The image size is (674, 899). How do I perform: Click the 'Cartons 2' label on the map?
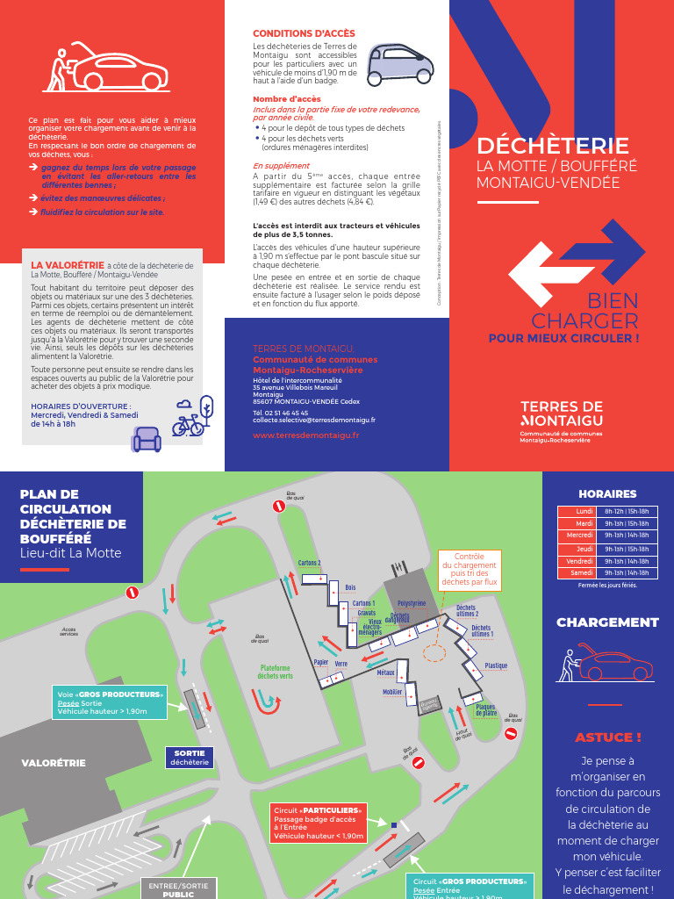pyautogui.click(x=309, y=563)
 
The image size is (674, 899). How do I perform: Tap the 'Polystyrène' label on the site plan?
pyautogui.click(x=412, y=603)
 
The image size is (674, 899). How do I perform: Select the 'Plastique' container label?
pyautogui.click(x=496, y=665)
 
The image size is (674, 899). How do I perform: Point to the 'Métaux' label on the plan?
pyautogui.click(x=386, y=672)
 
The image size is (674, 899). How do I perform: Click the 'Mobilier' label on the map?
pyautogui.click(x=392, y=692)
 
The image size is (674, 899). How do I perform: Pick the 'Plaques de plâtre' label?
pyautogui.click(x=486, y=709)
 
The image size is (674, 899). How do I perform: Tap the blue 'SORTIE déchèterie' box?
pyautogui.click(x=190, y=758)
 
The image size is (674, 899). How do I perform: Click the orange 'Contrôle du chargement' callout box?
pyautogui.click(x=470, y=570)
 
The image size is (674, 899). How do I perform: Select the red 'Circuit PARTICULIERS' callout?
pyautogui.click(x=318, y=823)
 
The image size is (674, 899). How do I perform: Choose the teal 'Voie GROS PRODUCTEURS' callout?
pyautogui.click(x=110, y=702)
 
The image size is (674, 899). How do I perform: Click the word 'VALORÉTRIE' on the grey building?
pyautogui.click(x=54, y=763)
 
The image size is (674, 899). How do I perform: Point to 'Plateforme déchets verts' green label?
pyautogui.click(x=275, y=672)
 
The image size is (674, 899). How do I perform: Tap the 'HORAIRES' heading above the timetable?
pyautogui.click(x=607, y=494)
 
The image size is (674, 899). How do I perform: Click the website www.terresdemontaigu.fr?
pyautogui.click(x=305, y=435)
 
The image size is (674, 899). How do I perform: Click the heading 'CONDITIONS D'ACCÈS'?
pyautogui.click(x=304, y=33)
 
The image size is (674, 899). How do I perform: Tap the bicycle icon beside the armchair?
pyautogui.click(x=187, y=426)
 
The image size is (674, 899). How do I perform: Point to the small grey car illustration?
pyautogui.click(x=399, y=64)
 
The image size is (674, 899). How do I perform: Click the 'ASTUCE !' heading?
pyautogui.click(x=607, y=737)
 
